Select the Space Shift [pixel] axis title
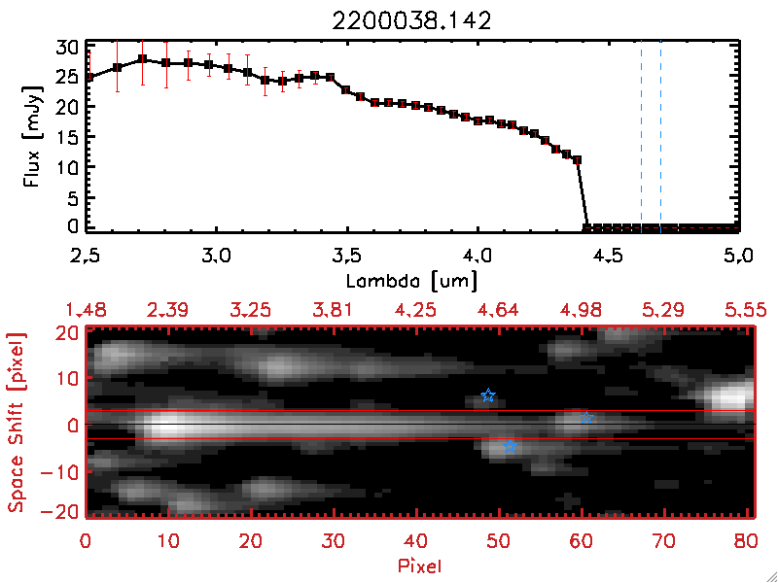pos(15,421)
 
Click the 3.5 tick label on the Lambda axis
pos(346,258)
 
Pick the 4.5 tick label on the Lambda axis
pos(608,258)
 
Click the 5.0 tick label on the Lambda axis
pos(738,258)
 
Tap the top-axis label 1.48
pos(88,310)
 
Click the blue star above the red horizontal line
pos(488,395)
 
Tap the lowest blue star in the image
pos(509,446)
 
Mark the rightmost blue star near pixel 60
pos(586,418)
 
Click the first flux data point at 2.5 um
pos(88,77)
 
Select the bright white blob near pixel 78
pos(731,397)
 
